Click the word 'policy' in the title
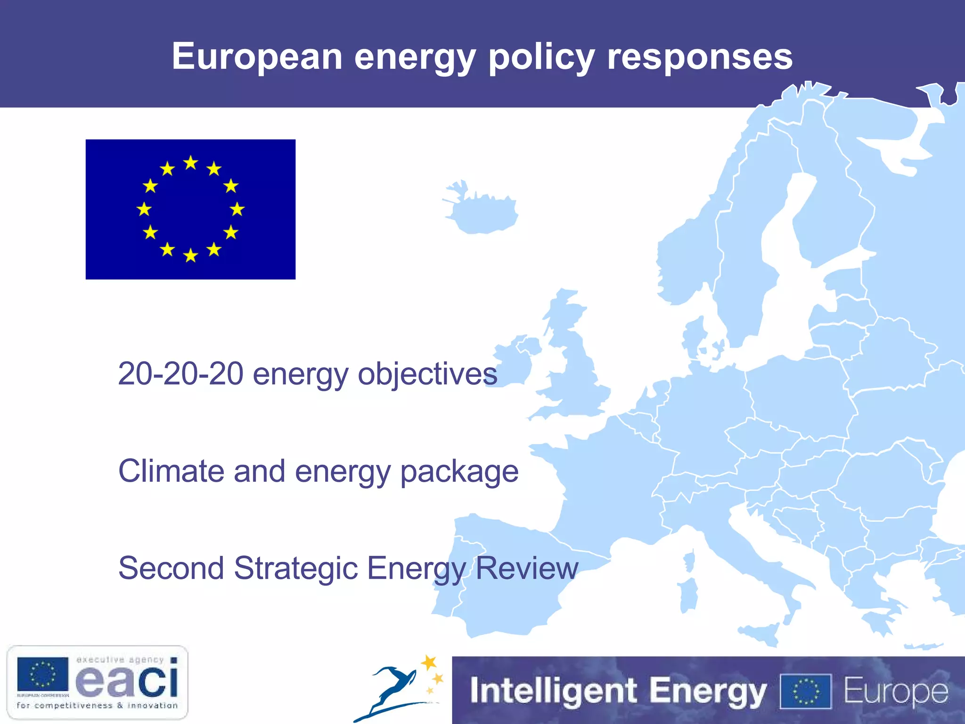coord(541,58)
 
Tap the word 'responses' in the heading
coord(700,58)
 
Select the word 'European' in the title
coord(257,57)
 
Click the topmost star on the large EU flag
coord(190,163)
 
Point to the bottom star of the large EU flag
coord(190,255)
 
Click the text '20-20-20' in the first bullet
coord(180,373)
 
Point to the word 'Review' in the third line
coord(527,568)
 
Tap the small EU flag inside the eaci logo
coord(42,674)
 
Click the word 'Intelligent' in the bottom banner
coord(554,691)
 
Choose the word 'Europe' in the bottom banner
coord(895,691)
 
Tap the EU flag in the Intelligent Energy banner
coord(806,691)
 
